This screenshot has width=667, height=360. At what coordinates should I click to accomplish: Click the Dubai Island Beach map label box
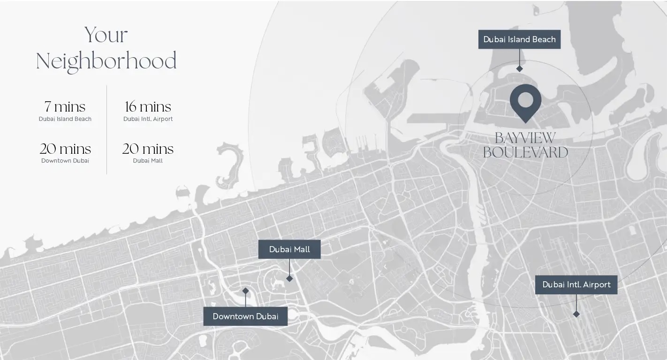tap(519, 39)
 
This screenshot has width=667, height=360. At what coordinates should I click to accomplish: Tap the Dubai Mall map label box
tap(289, 249)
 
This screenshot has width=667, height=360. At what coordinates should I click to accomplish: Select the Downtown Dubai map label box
tap(245, 316)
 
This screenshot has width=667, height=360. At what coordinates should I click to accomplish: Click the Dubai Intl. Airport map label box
tap(576, 285)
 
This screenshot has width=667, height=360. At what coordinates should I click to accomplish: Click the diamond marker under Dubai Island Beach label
tap(519, 69)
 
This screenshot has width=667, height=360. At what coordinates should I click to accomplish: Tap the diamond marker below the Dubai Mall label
tap(289, 278)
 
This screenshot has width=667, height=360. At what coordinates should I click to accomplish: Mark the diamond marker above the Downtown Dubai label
tap(245, 291)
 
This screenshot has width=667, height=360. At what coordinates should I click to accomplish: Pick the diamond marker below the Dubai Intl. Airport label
tap(576, 314)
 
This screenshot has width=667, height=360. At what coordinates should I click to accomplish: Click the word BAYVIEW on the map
tap(525, 138)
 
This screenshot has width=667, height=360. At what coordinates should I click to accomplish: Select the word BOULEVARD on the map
tap(525, 152)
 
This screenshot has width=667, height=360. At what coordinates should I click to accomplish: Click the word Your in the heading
tap(106, 36)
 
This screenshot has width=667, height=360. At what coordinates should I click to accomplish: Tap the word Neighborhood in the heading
tap(106, 62)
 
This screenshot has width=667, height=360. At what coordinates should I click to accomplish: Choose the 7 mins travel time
tap(65, 107)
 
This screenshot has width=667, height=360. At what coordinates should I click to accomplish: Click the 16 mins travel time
tap(148, 107)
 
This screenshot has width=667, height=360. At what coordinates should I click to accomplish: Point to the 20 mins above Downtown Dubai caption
tap(65, 149)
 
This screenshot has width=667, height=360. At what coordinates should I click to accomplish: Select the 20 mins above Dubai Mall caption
tap(148, 149)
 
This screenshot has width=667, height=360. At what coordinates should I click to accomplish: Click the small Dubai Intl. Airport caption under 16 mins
tap(148, 119)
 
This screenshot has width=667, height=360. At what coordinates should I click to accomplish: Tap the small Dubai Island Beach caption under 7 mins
tap(65, 119)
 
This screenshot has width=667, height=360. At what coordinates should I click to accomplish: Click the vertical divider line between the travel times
tap(107, 129)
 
